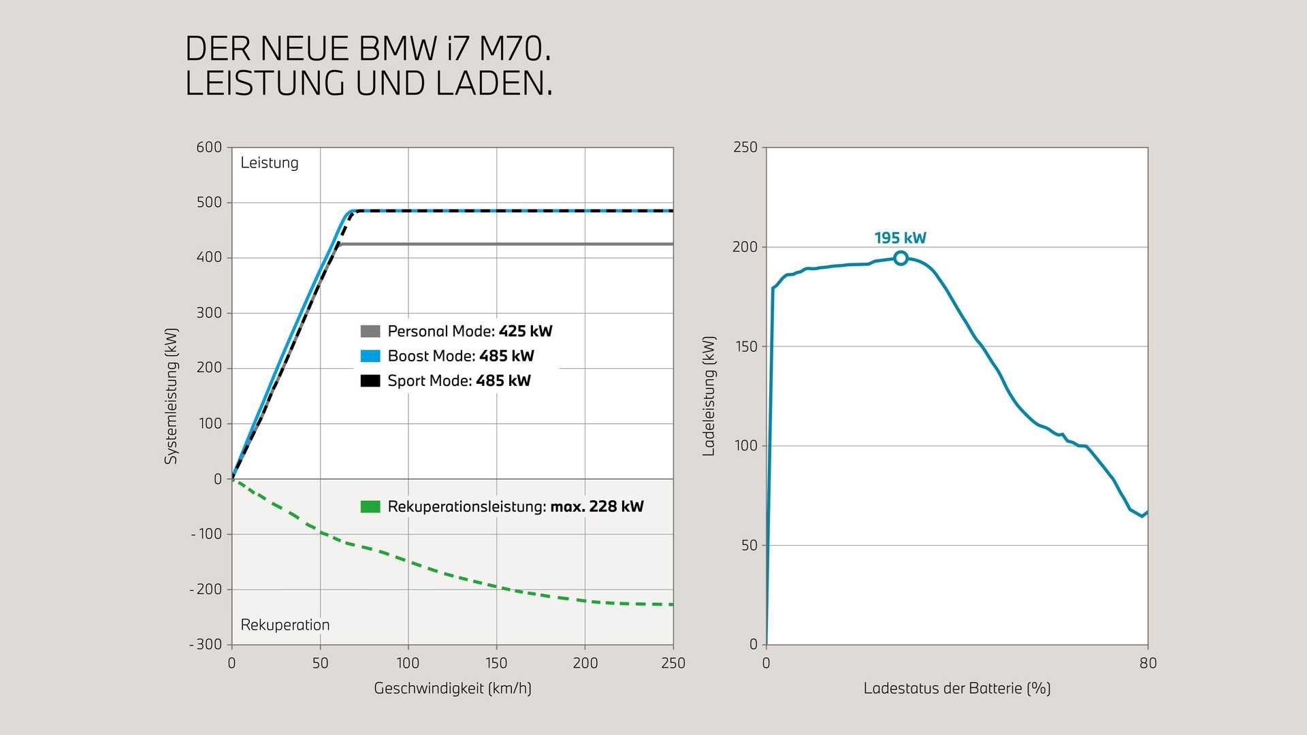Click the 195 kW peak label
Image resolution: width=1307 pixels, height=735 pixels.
pyautogui.click(x=900, y=238)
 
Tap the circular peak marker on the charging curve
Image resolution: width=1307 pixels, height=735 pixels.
pyautogui.click(x=901, y=258)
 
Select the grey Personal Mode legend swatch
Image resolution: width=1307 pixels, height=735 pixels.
pyautogui.click(x=370, y=331)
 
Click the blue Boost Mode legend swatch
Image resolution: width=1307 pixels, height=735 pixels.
pyautogui.click(x=370, y=356)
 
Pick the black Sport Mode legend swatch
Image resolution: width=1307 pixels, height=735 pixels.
pyautogui.click(x=370, y=381)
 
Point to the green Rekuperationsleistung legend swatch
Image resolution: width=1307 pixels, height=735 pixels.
pyautogui.click(x=370, y=507)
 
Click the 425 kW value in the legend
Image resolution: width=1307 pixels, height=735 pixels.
pyautogui.click(x=526, y=331)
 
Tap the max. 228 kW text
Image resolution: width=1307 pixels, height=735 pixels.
pyautogui.click(x=596, y=507)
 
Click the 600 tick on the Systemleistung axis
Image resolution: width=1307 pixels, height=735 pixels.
pyautogui.click(x=209, y=148)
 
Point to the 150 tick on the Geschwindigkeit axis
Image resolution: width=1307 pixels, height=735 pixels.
pyautogui.click(x=496, y=664)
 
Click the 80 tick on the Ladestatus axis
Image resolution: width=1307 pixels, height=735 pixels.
pyautogui.click(x=1148, y=664)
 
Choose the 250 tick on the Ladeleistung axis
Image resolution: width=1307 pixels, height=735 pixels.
pyautogui.click(x=745, y=148)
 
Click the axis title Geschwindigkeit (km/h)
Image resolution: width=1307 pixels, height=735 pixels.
pyautogui.click(x=453, y=689)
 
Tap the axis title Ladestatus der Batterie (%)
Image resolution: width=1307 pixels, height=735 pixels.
pyautogui.click(x=957, y=689)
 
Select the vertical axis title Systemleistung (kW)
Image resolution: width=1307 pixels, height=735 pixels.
pyautogui.click(x=171, y=396)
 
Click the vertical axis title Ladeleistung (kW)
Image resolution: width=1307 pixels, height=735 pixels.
pyautogui.click(x=709, y=396)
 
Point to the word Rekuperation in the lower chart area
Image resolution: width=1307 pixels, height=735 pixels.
pyautogui.click(x=285, y=625)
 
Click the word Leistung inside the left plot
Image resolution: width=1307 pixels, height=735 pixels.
pyautogui.click(x=270, y=163)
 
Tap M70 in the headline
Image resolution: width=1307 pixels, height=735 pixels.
pyautogui.click(x=515, y=50)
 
